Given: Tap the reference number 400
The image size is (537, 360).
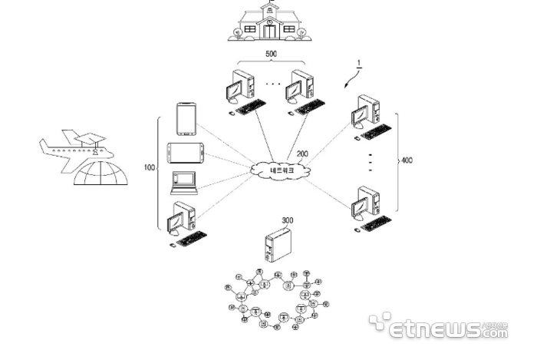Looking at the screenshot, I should pyautogui.click(x=407, y=160).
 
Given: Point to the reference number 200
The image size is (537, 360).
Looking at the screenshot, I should pyautogui.click(x=303, y=154).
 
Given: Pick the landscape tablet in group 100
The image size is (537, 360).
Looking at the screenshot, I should pyautogui.click(x=183, y=151).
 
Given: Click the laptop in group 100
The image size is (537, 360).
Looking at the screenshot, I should pyautogui.click(x=183, y=184).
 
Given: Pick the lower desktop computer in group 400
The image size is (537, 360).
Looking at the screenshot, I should pyautogui.click(x=367, y=208).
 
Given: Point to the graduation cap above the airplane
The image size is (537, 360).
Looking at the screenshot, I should pyautogui.click(x=90, y=138).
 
